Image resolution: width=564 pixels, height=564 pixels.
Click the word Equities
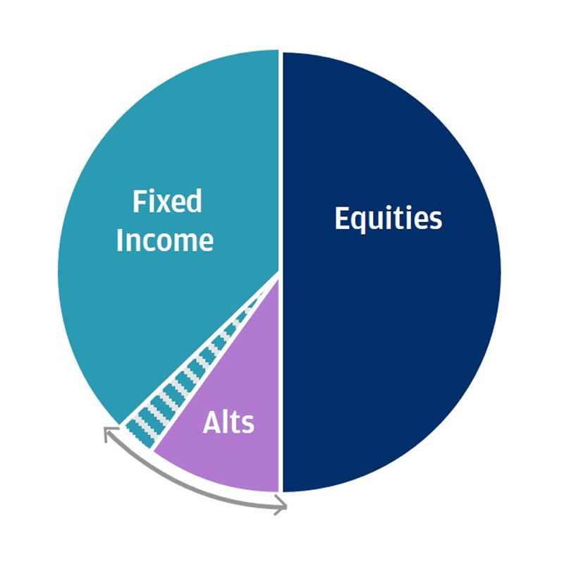click(388, 219)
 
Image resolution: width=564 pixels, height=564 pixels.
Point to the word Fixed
click(167, 202)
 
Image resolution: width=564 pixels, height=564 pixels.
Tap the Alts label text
click(228, 422)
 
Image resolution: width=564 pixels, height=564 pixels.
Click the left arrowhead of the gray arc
click(107, 431)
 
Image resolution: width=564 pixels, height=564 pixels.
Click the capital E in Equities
click(342, 218)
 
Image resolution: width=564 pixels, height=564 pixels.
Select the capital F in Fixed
click(139, 202)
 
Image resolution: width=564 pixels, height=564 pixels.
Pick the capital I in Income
click(119, 240)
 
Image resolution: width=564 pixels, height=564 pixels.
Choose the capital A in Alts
click(212, 422)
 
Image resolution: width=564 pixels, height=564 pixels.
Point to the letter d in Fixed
click(195, 202)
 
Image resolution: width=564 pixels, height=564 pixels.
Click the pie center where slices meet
click(279, 272)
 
